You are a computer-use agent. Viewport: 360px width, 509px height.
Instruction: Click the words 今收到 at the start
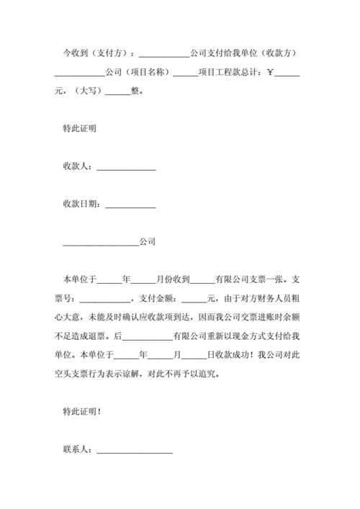(75, 54)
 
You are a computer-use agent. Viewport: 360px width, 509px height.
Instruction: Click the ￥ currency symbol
(271, 73)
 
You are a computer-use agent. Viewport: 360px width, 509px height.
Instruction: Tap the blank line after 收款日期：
(130, 204)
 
